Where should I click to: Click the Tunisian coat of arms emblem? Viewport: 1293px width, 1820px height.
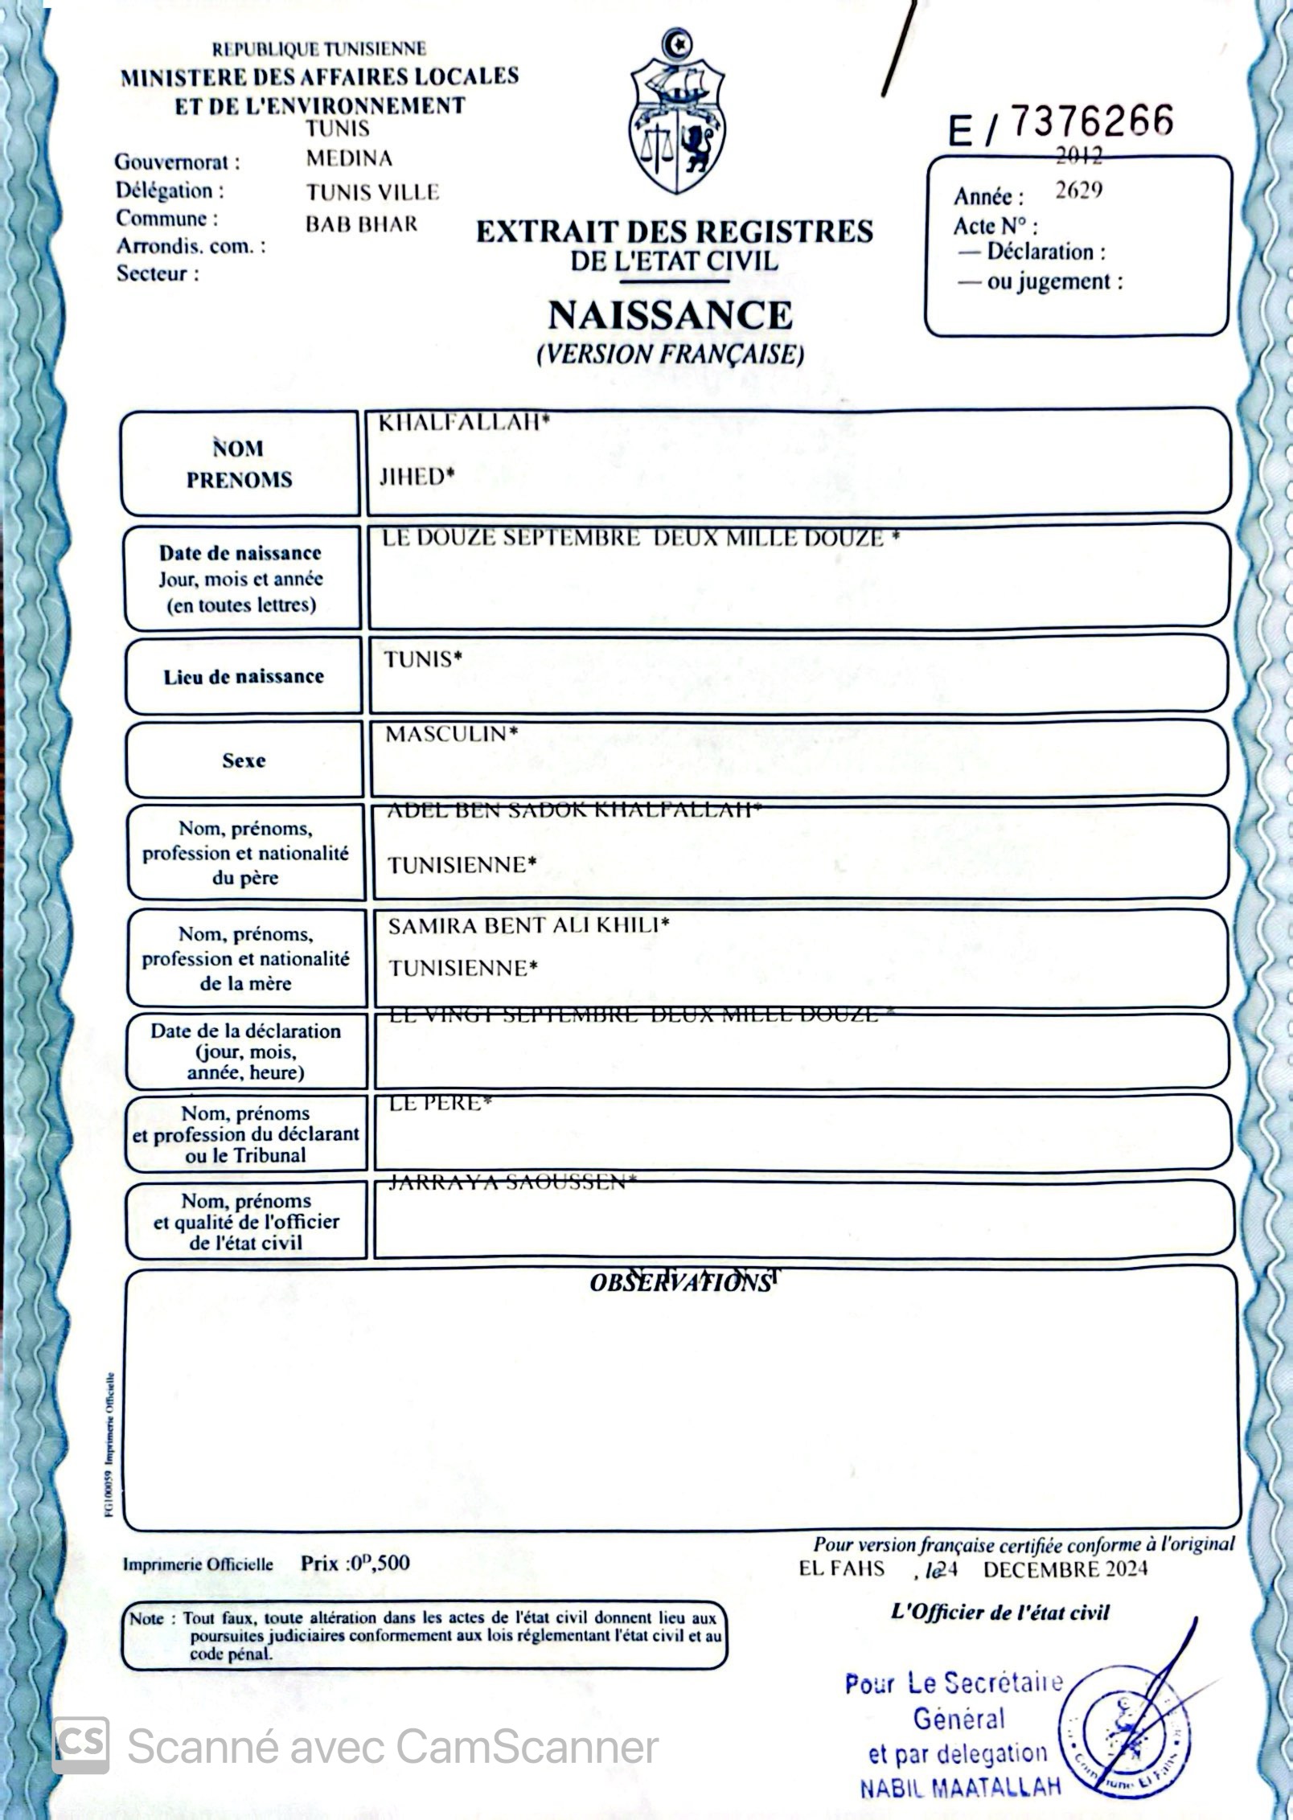(677, 113)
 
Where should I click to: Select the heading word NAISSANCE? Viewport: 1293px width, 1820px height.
(670, 314)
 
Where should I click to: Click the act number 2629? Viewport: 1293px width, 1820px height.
(1078, 191)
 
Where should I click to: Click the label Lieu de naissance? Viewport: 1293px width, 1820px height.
(243, 677)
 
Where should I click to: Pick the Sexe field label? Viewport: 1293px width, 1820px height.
(244, 760)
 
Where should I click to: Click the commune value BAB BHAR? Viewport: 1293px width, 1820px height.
(361, 224)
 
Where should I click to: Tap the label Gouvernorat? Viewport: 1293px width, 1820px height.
(177, 162)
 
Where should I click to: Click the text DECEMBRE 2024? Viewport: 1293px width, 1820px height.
(1065, 1568)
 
